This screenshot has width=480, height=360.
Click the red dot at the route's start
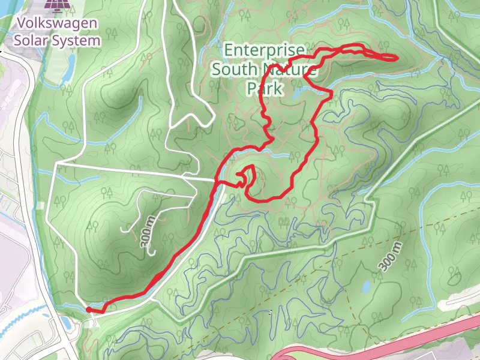(x=89, y=310)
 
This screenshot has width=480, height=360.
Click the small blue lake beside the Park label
(x=297, y=93)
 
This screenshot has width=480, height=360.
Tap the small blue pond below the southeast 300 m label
(x=365, y=287)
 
